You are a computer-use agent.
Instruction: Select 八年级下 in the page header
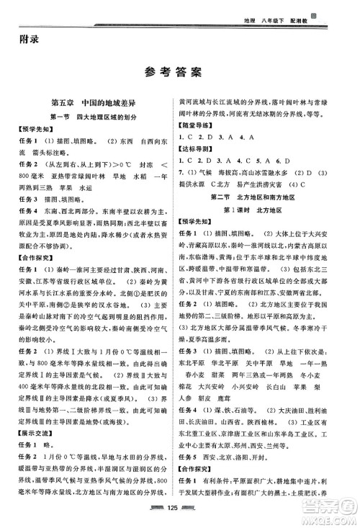(x=297, y=13)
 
